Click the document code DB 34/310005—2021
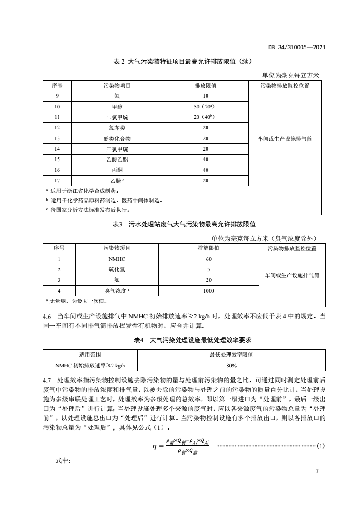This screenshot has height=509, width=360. point(298,47)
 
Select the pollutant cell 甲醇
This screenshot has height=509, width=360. point(117,107)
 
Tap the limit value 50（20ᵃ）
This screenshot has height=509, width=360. point(205,107)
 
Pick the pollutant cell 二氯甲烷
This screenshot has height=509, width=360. point(117,117)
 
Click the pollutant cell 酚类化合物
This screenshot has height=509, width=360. point(117,138)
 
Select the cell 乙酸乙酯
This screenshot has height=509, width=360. point(117,159)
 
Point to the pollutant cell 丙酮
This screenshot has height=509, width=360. point(117,170)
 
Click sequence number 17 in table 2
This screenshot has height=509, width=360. point(57,181)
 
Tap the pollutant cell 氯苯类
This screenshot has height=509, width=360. point(117,127)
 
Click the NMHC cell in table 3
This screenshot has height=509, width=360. point(117,259)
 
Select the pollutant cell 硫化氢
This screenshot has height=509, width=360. point(117,269)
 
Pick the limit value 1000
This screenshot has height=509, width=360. point(208,291)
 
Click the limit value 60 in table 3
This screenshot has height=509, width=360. point(208,259)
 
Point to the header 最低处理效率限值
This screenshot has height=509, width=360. point(231,355)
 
